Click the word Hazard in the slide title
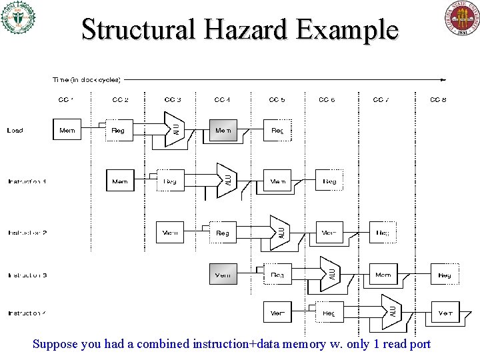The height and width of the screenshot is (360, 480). click(x=239, y=29)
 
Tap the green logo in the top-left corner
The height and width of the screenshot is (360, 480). click(x=18, y=17)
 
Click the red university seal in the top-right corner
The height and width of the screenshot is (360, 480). click(x=462, y=19)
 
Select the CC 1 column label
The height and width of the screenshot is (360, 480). click(x=66, y=100)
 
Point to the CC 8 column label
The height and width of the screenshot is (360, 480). click(x=438, y=100)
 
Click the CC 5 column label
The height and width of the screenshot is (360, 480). click(x=277, y=100)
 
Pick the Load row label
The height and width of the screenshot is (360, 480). click(x=15, y=131)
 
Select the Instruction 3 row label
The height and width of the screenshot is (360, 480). click(x=27, y=275)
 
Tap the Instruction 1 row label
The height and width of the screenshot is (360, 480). click(x=27, y=181)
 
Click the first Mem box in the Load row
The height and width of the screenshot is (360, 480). click(x=67, y=130)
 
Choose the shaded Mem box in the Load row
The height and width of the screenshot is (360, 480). click(x=223, y=130)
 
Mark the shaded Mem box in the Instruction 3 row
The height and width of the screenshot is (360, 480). click(x=223, y=274)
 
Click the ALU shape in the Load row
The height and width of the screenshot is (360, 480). click(x=175, y=128)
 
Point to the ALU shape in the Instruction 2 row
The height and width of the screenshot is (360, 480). click(x=280, y=231)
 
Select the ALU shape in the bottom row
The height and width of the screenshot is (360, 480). click(x=392, y=310)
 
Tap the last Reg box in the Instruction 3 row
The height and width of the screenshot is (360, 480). click(x=444, y=275)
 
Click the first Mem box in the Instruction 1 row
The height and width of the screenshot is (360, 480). click(x=120, y=181)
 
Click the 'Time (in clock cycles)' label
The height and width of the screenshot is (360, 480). click(x=87, y=80)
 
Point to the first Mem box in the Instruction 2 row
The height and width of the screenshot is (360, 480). click(x=170, y=233)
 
